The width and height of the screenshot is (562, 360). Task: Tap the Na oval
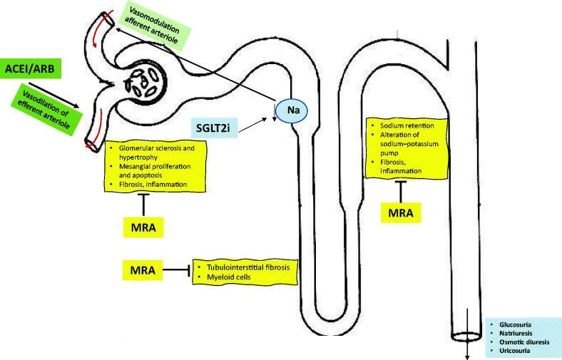(292, 111)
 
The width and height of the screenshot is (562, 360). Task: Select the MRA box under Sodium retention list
(399, 212)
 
